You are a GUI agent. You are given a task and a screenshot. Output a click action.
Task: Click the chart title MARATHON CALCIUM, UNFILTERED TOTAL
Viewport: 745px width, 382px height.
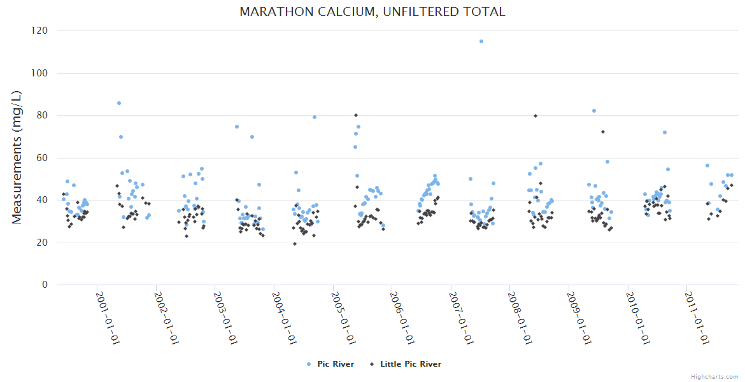click(372, 11)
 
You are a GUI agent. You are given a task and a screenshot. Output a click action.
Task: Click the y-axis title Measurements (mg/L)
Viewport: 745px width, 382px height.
click(18, 157)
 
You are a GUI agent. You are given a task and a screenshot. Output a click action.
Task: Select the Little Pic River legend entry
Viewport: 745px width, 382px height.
click(410, 364)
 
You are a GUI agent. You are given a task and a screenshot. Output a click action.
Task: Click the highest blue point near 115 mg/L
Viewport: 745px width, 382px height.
click(481, 41)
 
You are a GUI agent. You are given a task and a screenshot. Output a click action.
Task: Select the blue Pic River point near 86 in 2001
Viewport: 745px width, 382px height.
click(119, 103)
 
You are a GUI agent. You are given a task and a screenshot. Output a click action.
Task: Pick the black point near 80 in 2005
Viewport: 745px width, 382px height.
click(356, 115)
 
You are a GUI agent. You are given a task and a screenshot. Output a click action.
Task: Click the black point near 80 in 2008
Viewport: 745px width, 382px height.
click(536, 116)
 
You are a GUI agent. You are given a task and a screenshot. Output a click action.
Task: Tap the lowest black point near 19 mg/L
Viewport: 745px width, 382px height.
click(295, 244)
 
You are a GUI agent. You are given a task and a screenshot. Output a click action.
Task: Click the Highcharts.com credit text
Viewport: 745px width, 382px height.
click(714, 376)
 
